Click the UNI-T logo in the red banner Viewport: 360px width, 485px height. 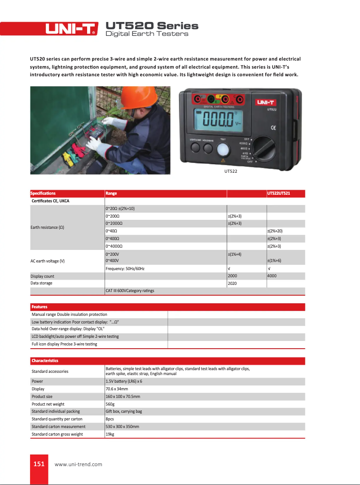(x=71, y=29)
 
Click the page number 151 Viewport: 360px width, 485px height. (x=39, y=463)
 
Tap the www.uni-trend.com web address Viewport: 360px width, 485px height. (x=78, y=464)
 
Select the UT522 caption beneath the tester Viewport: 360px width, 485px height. (x=231, y=171)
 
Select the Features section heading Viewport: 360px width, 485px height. (x=40, y=307)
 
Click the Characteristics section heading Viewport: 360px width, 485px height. (x=45, y=361)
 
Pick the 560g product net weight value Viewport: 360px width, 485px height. (x=110, y=404)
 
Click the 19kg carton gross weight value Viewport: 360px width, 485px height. (x=109, y=434)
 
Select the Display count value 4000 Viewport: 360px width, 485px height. (x=272, y=276)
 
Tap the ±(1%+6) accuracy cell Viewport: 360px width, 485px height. (x=275, y=261)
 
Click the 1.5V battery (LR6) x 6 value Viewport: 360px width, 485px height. (x=124, y=381)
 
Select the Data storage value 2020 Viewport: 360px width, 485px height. (x=233, y=284)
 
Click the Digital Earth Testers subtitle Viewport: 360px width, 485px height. (x=146, y=34)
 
